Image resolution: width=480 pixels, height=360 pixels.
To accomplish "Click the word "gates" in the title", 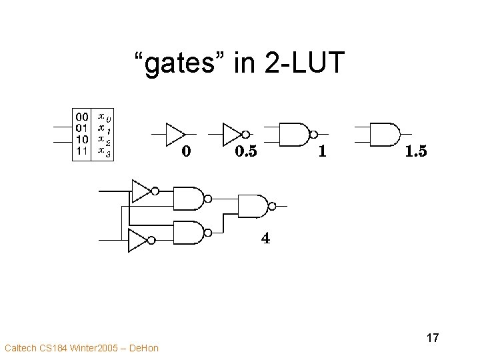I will [x=176, y=63].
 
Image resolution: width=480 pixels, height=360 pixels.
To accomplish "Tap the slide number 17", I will [x=432, y=338].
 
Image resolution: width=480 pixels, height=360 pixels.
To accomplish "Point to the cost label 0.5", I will [x=245, y=152].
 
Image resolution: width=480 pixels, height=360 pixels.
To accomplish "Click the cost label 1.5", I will [x=415, y=152].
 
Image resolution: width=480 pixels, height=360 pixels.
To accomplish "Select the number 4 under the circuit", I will [x=265, y=238].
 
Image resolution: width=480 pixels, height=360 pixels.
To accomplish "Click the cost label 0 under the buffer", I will [x=187, y=152].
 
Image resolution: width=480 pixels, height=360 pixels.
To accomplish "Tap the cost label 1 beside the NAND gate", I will [x=323, y=152].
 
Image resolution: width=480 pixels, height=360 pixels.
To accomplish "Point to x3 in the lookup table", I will [x=104, y=151].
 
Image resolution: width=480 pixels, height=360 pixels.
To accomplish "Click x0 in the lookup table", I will [x=104, y=116].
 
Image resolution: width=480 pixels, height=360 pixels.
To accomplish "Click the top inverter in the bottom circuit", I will [x=143, y=192].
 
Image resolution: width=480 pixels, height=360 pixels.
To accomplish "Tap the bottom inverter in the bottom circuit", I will [x=140, y=239].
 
